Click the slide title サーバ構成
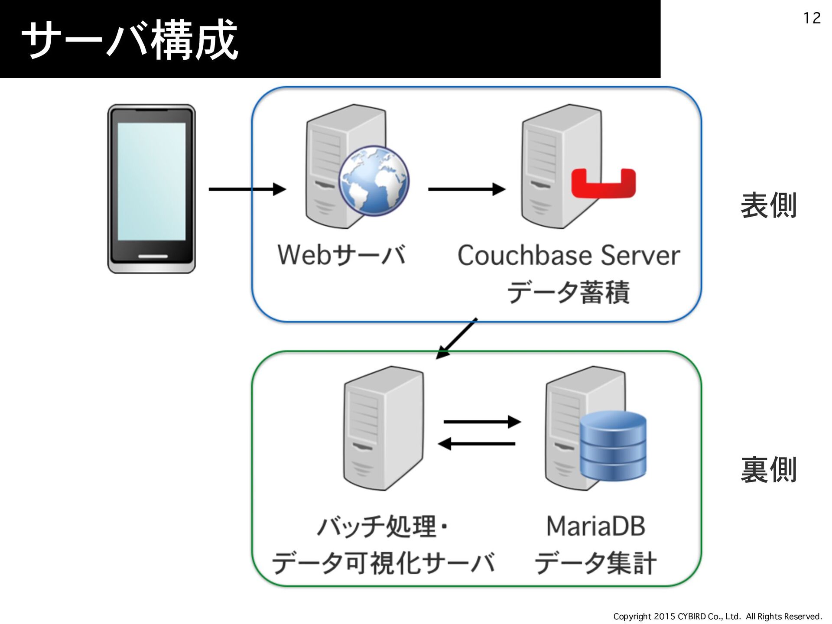[x=130, y=40]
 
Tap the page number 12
[x=812, y=18]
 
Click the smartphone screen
[x=151, y=181]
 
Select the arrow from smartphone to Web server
[x=247, y=189]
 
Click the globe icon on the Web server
[x=374, y=181]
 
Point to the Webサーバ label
[x=342, y=255]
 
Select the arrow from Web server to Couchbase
[x=467, y=189]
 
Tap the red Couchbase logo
[x=604, y=183]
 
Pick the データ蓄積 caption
[x=569, y=292]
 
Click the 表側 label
[x=769, y=205]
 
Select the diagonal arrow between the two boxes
[x=456, y=339]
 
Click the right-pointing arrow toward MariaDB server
[x=482, y=422]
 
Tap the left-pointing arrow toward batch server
[x=477, y=444]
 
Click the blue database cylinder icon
[x=613, y=446]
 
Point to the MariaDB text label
[x=596, y=526]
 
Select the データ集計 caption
[x=596, y=563]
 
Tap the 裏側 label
[x=769, y=470]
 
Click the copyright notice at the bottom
[x=718, y=616]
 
